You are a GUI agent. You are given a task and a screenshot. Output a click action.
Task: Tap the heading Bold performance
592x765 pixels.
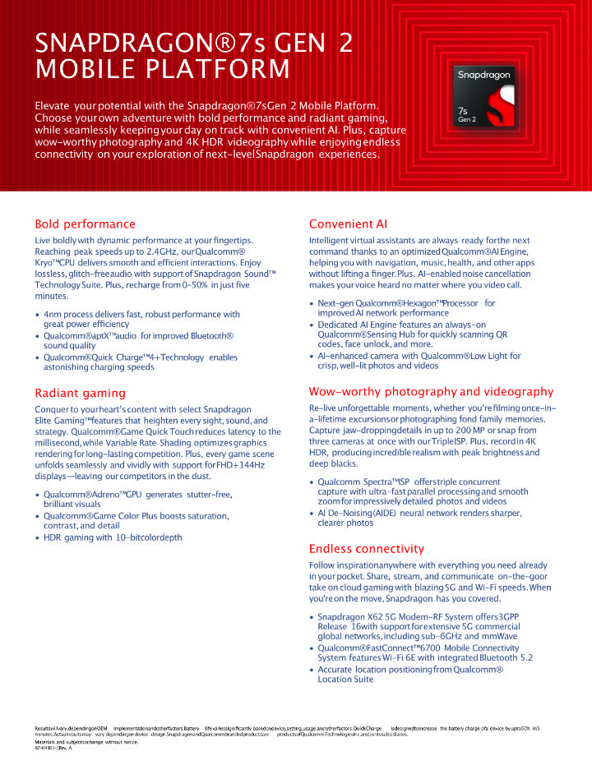(x=85, y=224)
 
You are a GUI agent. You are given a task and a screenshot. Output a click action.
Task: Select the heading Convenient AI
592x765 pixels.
(x=348, y=224)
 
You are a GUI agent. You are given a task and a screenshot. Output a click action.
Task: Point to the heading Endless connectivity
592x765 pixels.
(x=367, y=549)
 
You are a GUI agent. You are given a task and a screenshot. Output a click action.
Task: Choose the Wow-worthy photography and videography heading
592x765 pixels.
(x=431, y=392)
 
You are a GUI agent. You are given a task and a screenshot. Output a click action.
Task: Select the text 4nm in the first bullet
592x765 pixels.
(x=55, y=315)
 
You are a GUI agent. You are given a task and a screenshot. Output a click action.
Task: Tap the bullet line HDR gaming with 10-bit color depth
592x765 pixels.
(x=113, y=537)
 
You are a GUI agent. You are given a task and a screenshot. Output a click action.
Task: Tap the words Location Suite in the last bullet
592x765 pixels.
(x=345, y=680)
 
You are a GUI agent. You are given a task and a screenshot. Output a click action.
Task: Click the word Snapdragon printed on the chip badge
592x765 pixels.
(x=485, y=75)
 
